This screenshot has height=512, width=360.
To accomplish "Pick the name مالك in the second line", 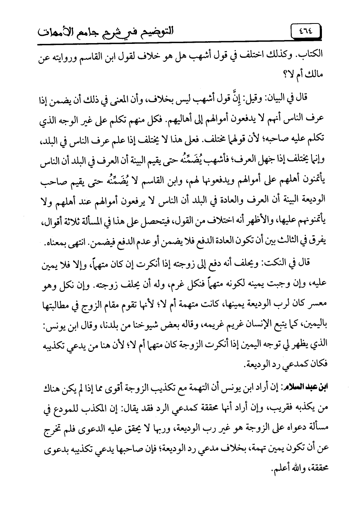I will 313,72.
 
